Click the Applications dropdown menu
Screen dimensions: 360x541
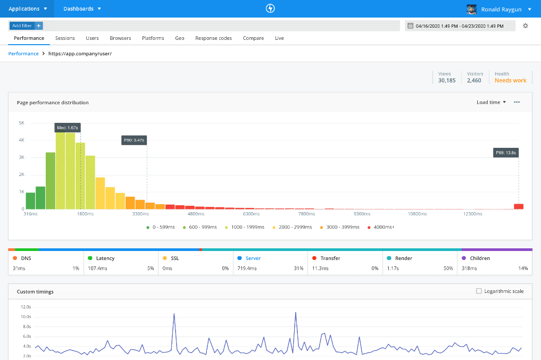[28, 9]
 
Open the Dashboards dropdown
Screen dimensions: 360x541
[82, 9]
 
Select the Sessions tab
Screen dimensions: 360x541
[65, 38]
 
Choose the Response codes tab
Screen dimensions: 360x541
[213, 38]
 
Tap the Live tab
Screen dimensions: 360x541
[279, 38]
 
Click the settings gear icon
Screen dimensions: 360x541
[526, 26]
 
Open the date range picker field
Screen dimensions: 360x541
[460, 26]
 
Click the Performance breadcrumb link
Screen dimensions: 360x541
[23, 54]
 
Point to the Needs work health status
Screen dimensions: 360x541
[510, 80]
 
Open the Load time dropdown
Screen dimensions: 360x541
[491, 102]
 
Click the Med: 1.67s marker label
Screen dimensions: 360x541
[68, 128]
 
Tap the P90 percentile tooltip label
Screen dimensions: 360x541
[134, 140]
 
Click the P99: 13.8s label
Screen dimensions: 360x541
[505, 153]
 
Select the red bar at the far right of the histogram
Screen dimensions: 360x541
[518, 206]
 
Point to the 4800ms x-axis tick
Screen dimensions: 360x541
[196, 214]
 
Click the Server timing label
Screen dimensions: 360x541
[253, 258]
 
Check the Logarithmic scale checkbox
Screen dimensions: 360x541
[479, 291]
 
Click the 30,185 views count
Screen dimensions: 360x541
[447, 80]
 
